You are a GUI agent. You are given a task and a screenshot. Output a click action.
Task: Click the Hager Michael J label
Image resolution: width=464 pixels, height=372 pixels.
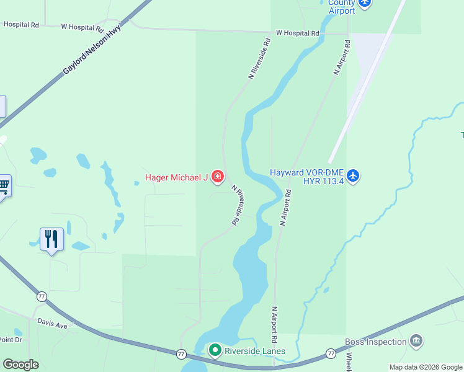point(176,178)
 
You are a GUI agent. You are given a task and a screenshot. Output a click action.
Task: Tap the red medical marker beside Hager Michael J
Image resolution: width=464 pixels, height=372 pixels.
point(217,177)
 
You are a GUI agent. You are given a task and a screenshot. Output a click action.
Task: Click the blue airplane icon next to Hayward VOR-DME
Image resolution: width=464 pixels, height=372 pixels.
point(352,176)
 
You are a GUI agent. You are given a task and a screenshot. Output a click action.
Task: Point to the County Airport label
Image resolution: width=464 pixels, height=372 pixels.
point(342,7)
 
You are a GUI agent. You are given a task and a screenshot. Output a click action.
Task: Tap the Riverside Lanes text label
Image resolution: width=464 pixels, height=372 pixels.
point(255,351)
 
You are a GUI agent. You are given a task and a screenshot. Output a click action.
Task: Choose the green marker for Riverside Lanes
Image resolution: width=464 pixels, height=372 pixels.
point(215,351)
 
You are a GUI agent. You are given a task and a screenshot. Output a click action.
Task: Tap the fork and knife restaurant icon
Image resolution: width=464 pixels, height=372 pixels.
point(51,239)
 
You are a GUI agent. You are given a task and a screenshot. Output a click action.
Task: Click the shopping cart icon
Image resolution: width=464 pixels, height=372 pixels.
point(4,185)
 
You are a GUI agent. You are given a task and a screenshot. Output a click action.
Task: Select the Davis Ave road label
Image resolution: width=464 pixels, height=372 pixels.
point(51,324)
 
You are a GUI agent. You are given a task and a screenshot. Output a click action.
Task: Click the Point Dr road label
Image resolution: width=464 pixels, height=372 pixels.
point(10,340)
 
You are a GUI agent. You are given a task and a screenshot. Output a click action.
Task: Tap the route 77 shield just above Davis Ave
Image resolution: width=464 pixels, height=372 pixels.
point(42,296)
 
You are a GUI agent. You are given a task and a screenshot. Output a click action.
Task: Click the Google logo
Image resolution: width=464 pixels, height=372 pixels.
point(20,364)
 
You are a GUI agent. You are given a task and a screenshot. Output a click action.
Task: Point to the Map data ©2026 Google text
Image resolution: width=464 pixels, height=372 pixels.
point(426,367)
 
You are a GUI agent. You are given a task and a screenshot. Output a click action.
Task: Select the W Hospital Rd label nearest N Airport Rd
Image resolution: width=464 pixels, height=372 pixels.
point(297,33)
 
